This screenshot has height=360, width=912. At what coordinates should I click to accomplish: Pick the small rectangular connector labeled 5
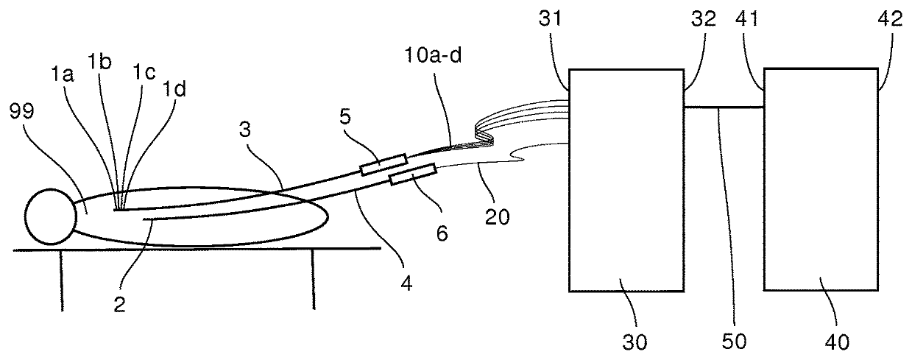(x=383, y=164)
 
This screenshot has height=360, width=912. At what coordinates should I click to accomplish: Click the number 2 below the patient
(x=119, y=303)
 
